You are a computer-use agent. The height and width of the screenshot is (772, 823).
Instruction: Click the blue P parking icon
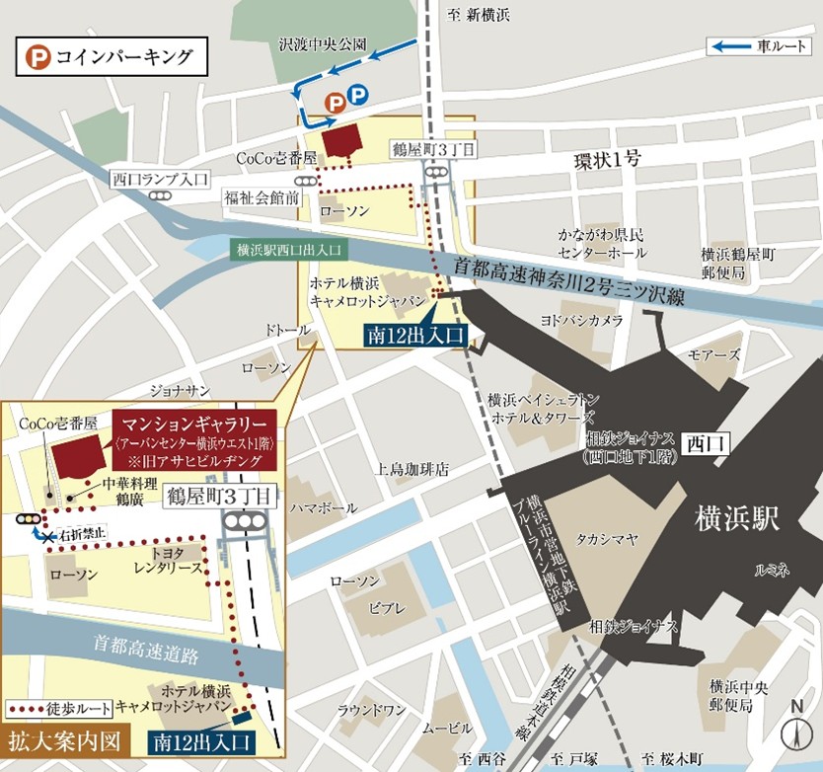coord(357,96)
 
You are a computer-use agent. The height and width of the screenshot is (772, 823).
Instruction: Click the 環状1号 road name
coord(609,158)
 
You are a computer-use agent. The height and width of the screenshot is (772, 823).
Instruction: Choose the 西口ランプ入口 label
coord(160,179)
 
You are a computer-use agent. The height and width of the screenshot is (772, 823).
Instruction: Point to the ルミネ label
coord(773,569)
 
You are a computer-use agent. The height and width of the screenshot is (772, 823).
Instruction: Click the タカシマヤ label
coord(607,539)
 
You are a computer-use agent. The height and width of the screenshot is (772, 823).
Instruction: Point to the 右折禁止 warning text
coord(82,534)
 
